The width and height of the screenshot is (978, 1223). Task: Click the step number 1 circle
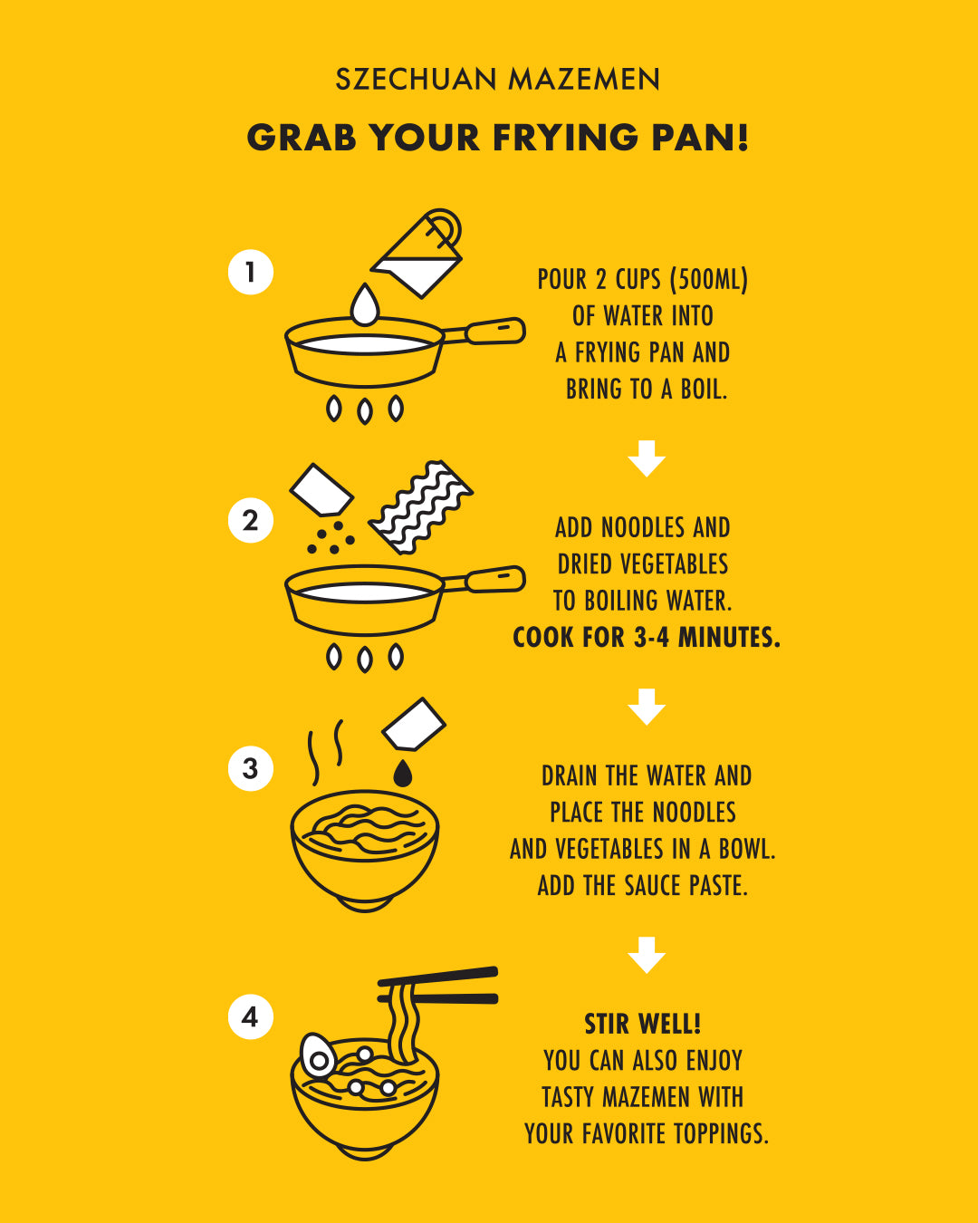coord(251,272)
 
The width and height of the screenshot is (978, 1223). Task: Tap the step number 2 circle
coord(251,520)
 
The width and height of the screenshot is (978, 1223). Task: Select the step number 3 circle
coord(251,768)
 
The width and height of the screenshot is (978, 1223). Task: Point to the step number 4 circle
coord(251,1016)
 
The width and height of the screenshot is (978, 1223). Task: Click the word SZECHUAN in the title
coord(416,79)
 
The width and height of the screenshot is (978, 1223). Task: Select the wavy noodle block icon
coord(421,507)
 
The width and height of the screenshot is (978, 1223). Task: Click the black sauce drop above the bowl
coord(403,773)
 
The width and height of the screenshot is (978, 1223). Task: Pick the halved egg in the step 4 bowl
coord(317,1055)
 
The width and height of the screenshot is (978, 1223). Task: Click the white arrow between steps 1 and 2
coord(647,458)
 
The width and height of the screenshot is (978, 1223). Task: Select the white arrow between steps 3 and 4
coord(647,955)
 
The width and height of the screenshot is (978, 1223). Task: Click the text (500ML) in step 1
coord(709,280)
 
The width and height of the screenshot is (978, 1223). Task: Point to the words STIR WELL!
coord(643,1024)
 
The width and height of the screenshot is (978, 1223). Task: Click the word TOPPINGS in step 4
coord(722,1133)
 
